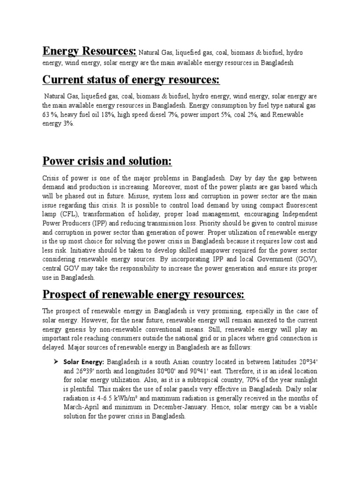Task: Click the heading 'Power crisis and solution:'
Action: (x=107, y=162)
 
